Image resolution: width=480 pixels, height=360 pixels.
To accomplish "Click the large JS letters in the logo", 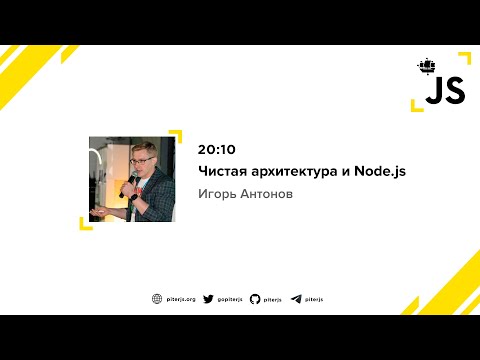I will coord(445,92).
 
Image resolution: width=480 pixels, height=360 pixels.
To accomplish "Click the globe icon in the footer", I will coord(157,299).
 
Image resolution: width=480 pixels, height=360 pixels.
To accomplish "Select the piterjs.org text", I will coord(181,299).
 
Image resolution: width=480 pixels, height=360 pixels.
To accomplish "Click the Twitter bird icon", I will coord(208,299).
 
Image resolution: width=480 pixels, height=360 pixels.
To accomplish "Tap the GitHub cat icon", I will coord(255,299).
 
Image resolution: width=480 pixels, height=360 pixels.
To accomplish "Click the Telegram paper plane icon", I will coord(296,299).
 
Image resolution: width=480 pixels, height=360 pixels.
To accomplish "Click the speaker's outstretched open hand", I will coord(96,213).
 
